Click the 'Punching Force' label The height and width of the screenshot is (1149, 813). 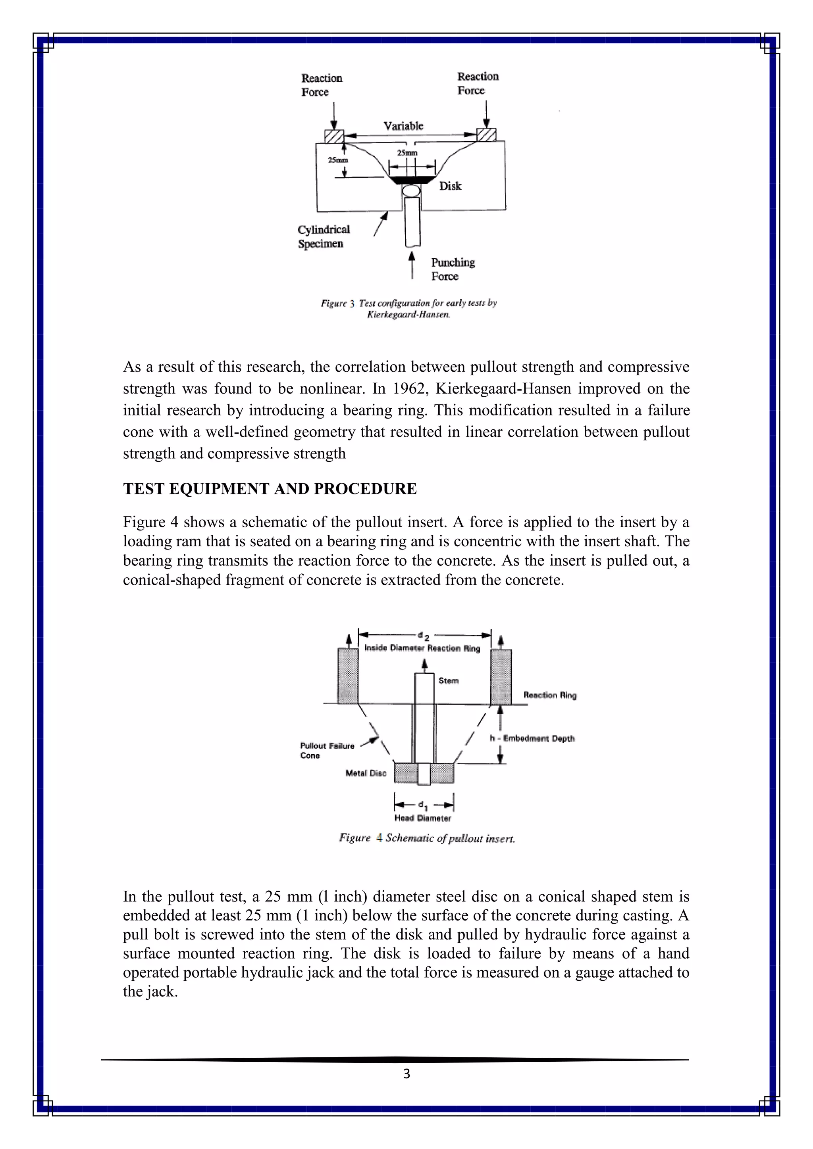click(453, 269)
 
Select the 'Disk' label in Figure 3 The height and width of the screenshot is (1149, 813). click(450, 186)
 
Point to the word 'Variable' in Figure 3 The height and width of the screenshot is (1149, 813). click(403, 126)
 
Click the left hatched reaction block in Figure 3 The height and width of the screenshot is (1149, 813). click(334, 136)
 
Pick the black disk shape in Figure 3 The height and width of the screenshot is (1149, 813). click(412, 179)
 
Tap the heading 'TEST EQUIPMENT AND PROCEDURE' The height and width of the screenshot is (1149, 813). click(270, 489)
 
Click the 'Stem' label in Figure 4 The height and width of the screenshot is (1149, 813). click(448, 680)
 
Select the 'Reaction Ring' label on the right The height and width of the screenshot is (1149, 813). click(550, 695)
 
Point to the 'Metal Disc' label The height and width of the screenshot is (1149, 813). click(366, 773)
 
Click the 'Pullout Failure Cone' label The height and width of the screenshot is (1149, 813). click(327, 751)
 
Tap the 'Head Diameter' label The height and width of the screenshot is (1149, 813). click(422, 818)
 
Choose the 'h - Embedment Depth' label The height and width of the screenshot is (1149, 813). click(532, 738)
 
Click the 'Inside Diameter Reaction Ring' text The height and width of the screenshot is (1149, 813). click(422, 648)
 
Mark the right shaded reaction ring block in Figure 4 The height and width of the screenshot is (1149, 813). click(501, 676)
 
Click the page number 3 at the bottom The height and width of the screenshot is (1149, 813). click(406, 1074)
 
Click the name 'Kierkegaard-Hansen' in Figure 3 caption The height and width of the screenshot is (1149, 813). click(408, 315)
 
